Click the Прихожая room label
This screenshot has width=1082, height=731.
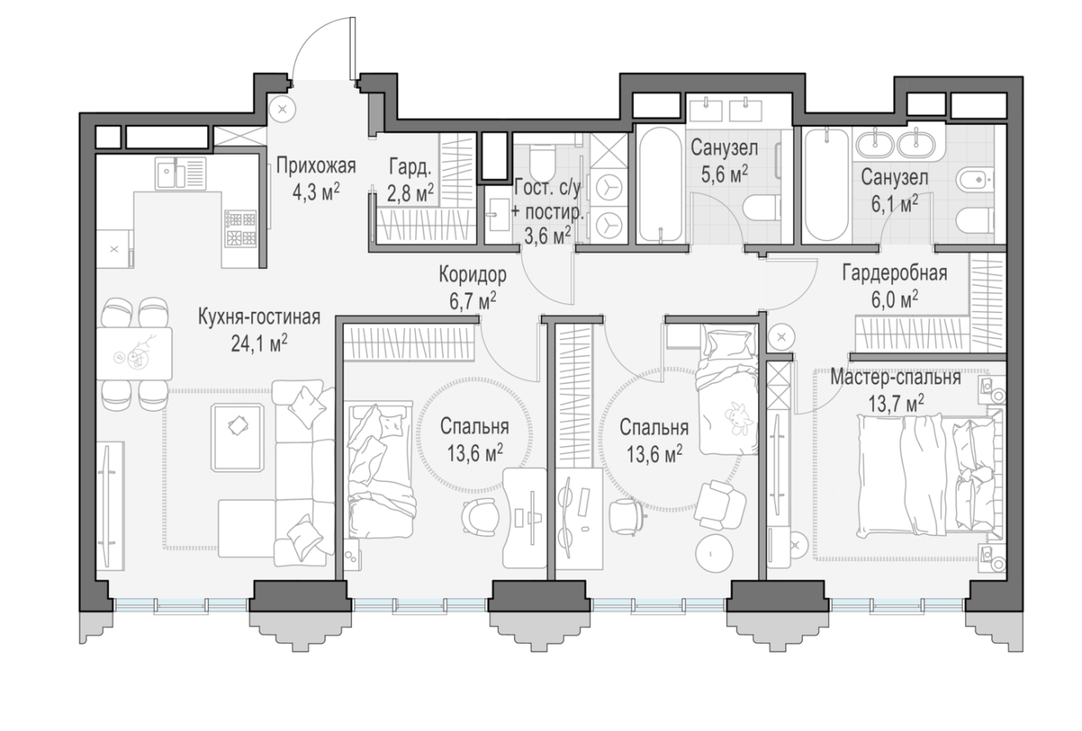(x=316, y=166)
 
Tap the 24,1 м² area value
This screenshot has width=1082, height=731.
(x=260, y=344)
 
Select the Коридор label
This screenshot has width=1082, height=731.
(x=473, y=275)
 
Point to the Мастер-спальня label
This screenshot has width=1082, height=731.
(x=895, y=378)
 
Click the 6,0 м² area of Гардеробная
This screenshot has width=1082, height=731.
(x=894, y=300)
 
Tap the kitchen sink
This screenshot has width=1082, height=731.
(x=181, y=173)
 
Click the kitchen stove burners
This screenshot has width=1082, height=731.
(x=241, y=228)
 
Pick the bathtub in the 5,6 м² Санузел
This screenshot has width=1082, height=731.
(x=659, y=184)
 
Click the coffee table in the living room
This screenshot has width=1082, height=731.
(x=238, y=438)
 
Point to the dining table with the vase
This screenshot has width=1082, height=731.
(x=134, y=353)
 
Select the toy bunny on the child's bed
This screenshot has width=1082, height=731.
(x=739, y=417)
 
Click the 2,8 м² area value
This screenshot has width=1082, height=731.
(x=410, y=194)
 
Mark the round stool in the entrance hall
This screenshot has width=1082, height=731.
(x=283, y=109)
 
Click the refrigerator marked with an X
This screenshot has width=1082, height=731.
(x=114, y=249)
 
